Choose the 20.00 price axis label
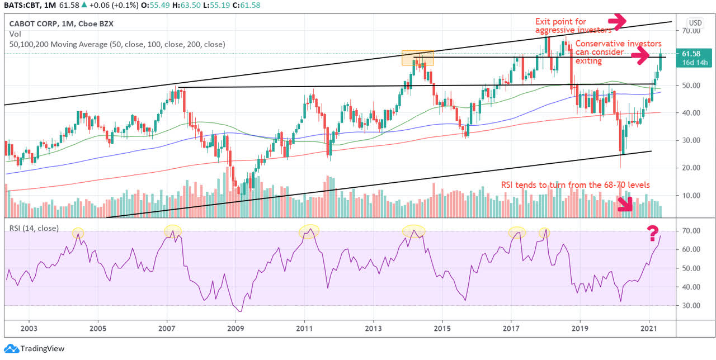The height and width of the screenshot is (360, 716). point(691,168)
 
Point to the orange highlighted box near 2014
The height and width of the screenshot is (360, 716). point(418,58)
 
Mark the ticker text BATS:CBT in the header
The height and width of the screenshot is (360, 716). point(22,6)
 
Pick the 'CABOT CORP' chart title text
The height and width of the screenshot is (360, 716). point(34,23)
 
